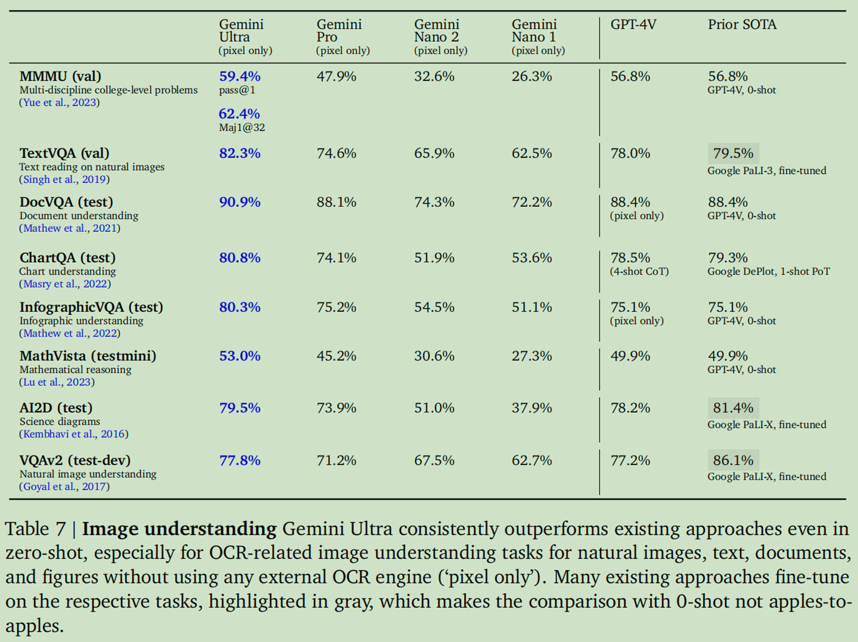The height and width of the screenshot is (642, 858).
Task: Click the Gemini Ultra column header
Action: [242, 31]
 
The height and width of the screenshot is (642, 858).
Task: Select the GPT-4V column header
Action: [633, 24]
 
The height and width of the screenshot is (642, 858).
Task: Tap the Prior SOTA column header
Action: [742, 24]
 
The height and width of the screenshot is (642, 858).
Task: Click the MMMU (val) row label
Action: [60, 76]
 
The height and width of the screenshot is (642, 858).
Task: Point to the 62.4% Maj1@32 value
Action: [240, 114]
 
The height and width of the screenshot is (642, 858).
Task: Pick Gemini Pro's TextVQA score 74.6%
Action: [336, 153]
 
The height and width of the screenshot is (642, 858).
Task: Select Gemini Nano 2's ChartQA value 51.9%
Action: [434, 258]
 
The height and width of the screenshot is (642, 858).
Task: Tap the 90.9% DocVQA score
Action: [240, 202]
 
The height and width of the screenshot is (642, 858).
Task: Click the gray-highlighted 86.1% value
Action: [733, 460]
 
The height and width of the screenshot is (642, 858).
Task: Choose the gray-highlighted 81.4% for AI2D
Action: [733, 408]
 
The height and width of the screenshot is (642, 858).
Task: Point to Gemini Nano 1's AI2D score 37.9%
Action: [531, 408]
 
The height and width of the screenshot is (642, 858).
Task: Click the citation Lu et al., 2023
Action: [57, 382]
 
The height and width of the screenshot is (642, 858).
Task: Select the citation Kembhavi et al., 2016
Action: [74, 434]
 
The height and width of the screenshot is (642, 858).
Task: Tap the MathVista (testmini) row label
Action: [88, 356]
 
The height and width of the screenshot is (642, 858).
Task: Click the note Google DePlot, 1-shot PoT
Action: [769, 272]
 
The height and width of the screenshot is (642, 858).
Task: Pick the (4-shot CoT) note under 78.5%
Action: [639, 272]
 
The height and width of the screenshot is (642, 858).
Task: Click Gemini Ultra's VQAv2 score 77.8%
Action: [240, 460]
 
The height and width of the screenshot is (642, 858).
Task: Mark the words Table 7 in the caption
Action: [35, 529]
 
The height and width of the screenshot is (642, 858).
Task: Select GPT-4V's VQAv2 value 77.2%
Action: [630, 460]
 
